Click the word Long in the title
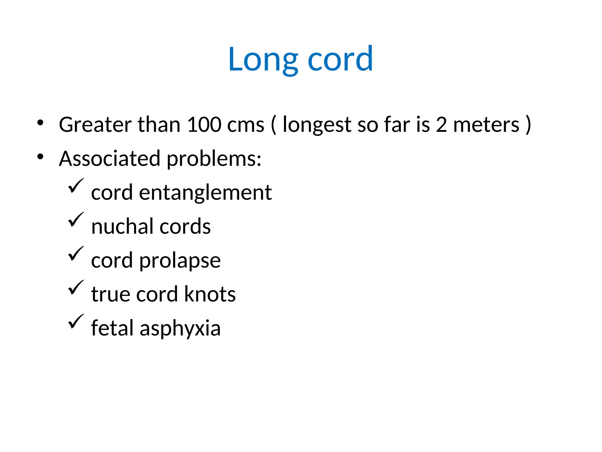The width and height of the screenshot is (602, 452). (263, 60)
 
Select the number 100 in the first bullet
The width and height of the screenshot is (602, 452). (204, 124)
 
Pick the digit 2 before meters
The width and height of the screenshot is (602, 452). (441, 124)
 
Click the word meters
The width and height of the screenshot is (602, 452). (486, 125)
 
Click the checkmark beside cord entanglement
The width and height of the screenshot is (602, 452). (76, 186)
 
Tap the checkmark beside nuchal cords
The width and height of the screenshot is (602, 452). (76, 220)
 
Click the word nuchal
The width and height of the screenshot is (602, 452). (122, 227)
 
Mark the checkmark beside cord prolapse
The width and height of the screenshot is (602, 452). (76, 254)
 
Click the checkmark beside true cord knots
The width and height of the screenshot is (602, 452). (76, 288)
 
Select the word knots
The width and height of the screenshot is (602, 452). (210, 294)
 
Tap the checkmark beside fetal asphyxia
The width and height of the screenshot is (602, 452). (76, 322)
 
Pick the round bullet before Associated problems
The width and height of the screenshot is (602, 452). (40, 157)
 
